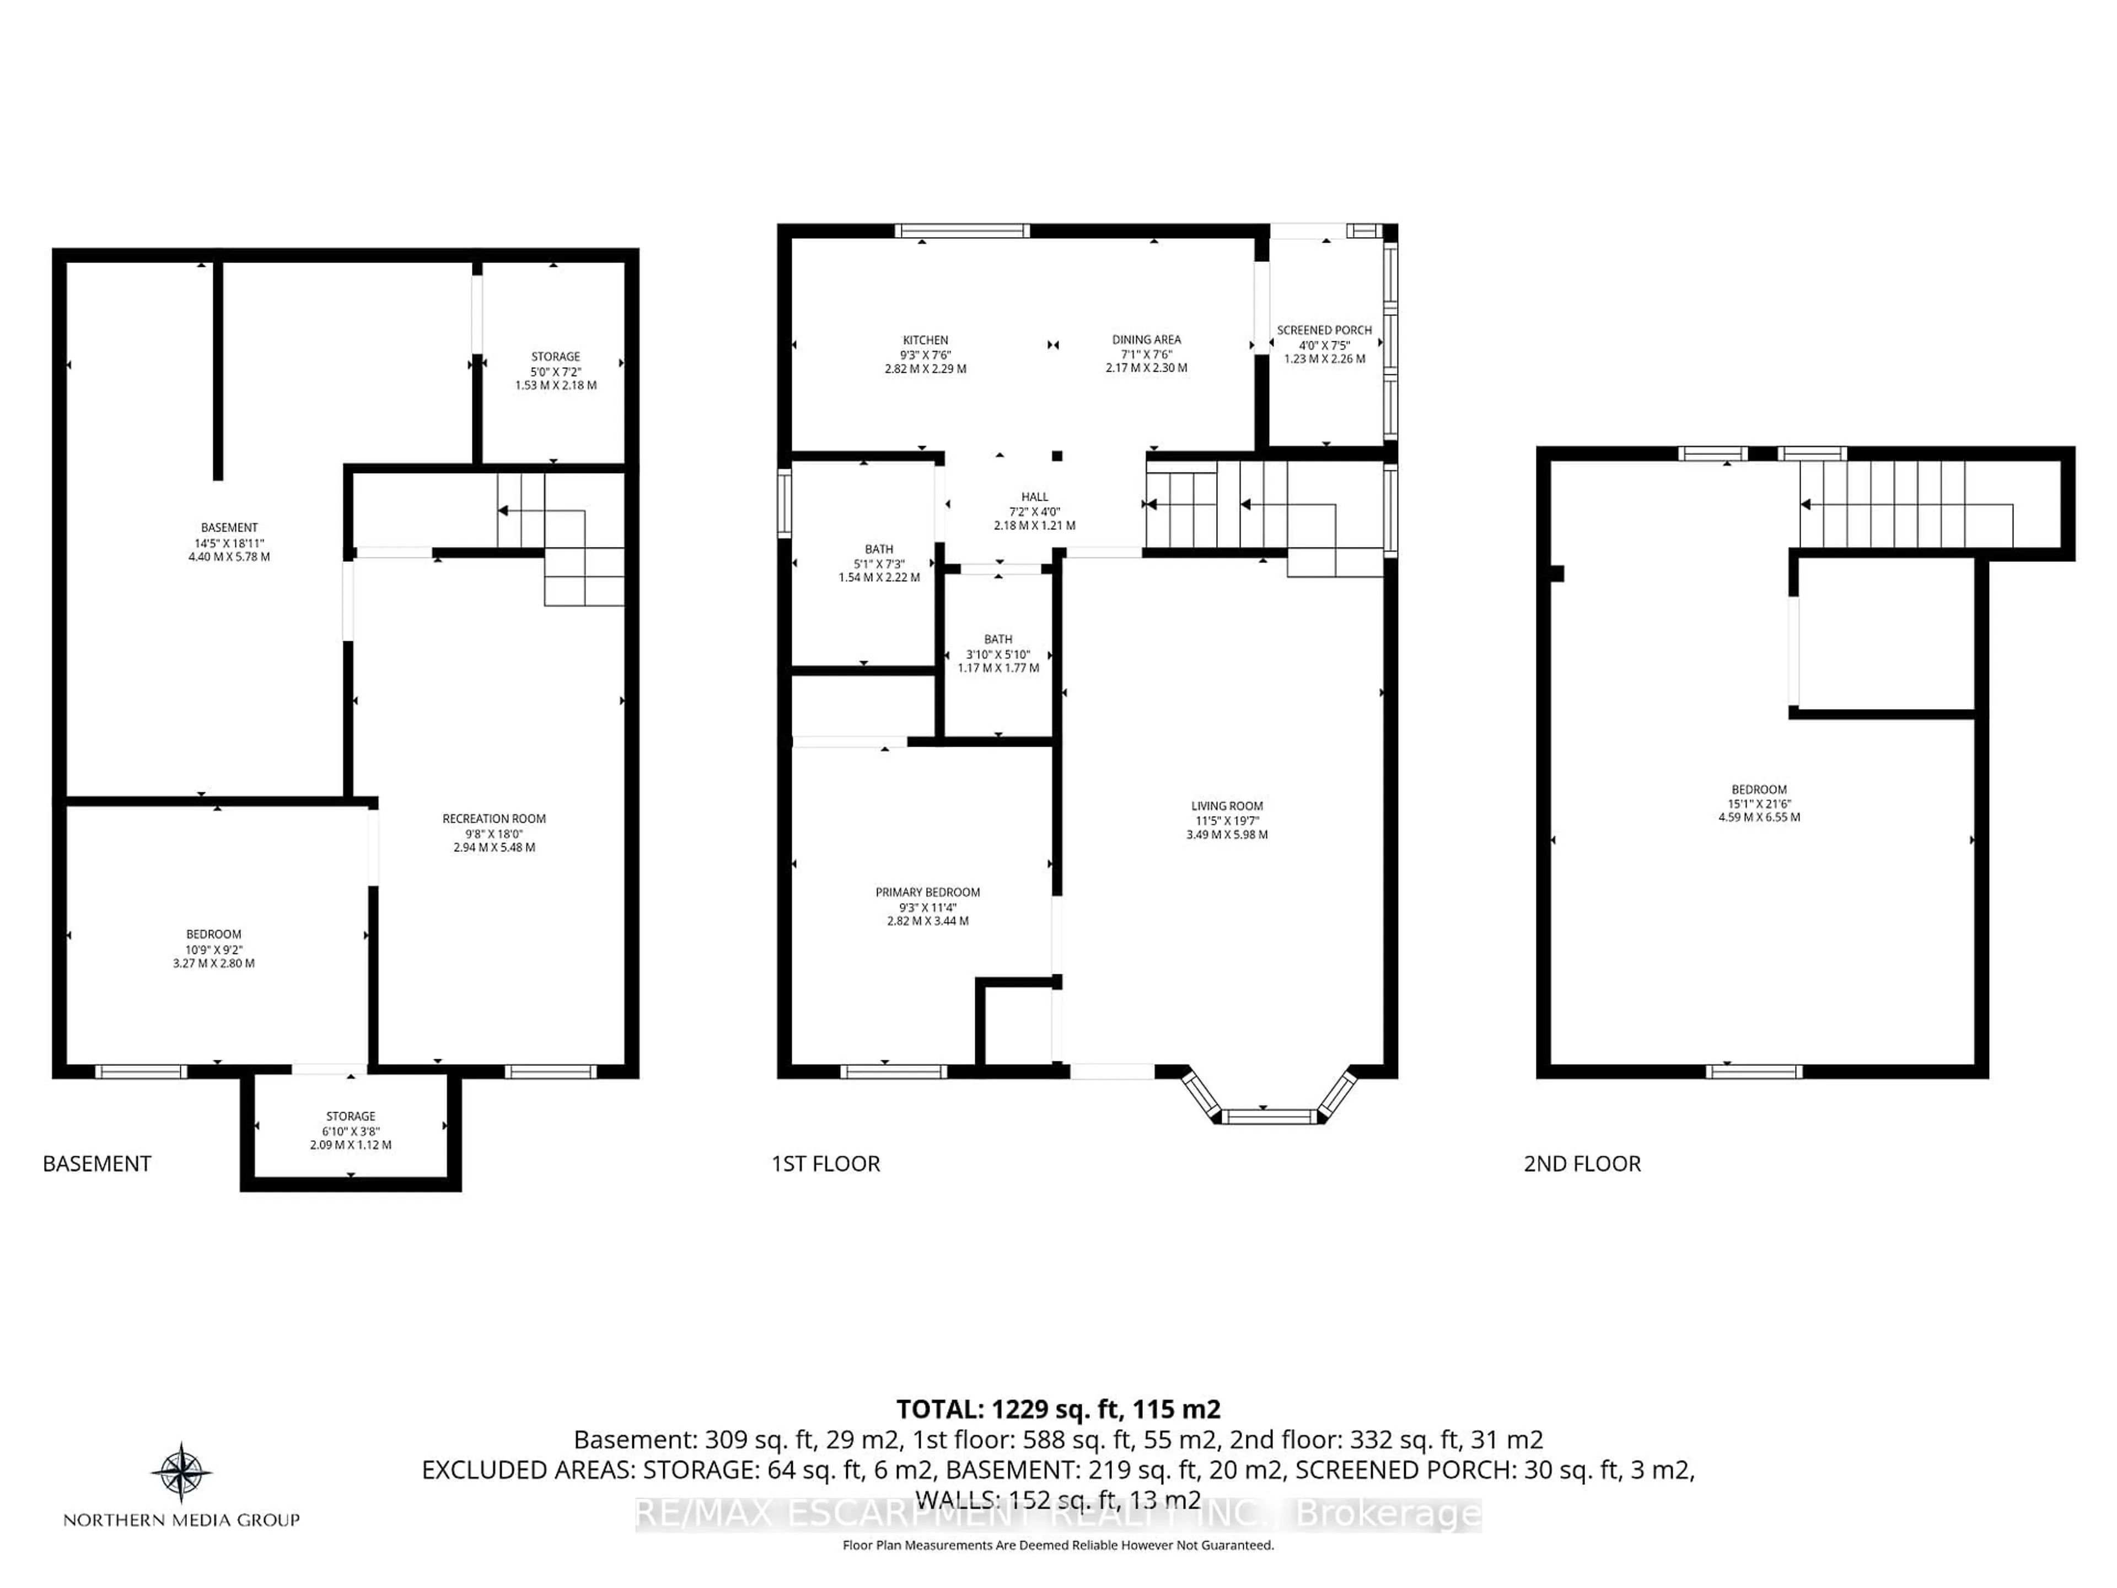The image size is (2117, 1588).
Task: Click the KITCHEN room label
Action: pyautogui.click(x=926, y=340)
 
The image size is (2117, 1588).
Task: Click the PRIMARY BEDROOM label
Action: pyautogui.click(x=927, y=892)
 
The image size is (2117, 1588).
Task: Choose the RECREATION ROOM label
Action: pyautogui.click(x=494, y=818)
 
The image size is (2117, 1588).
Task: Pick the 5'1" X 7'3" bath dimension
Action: pyautogui.click(x=879, y=564)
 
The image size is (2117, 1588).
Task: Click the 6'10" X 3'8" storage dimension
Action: pyautogui.click(x=350, y=1130)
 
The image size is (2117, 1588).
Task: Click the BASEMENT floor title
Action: pyautogui.click(x=96, y=1164)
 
